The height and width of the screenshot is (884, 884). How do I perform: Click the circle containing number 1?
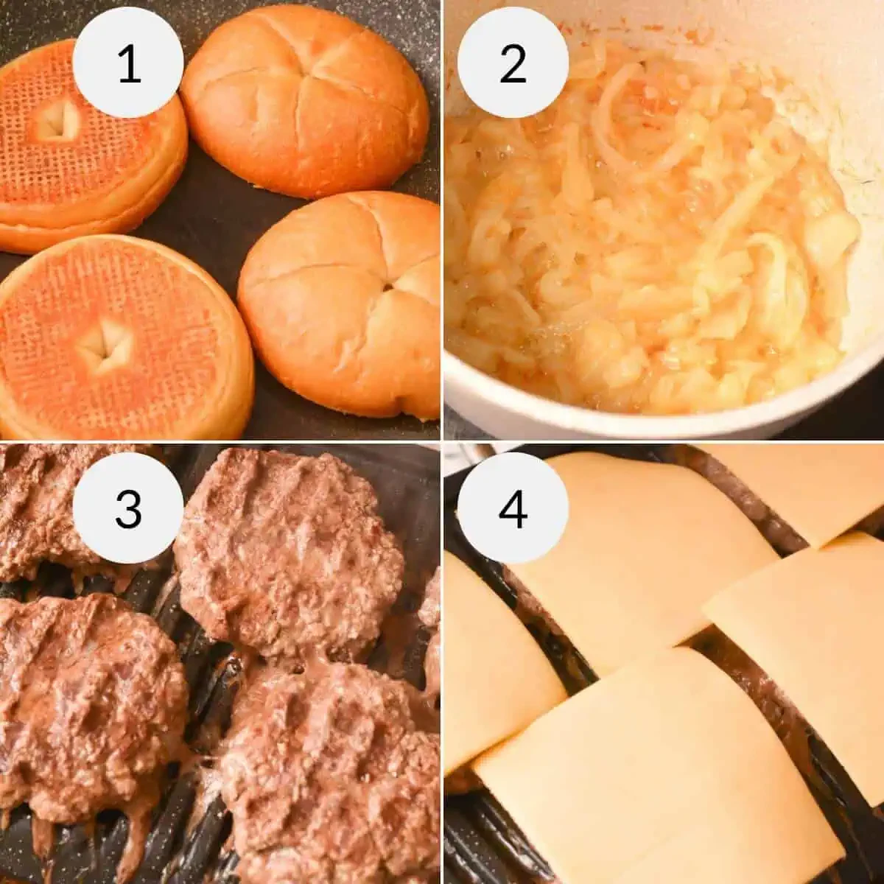click(128, 63)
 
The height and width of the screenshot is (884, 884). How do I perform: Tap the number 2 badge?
click(513, 63)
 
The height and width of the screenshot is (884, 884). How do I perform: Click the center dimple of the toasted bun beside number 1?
click(59, 120)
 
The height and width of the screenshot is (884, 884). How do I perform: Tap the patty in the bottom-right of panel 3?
click(331, 773)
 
